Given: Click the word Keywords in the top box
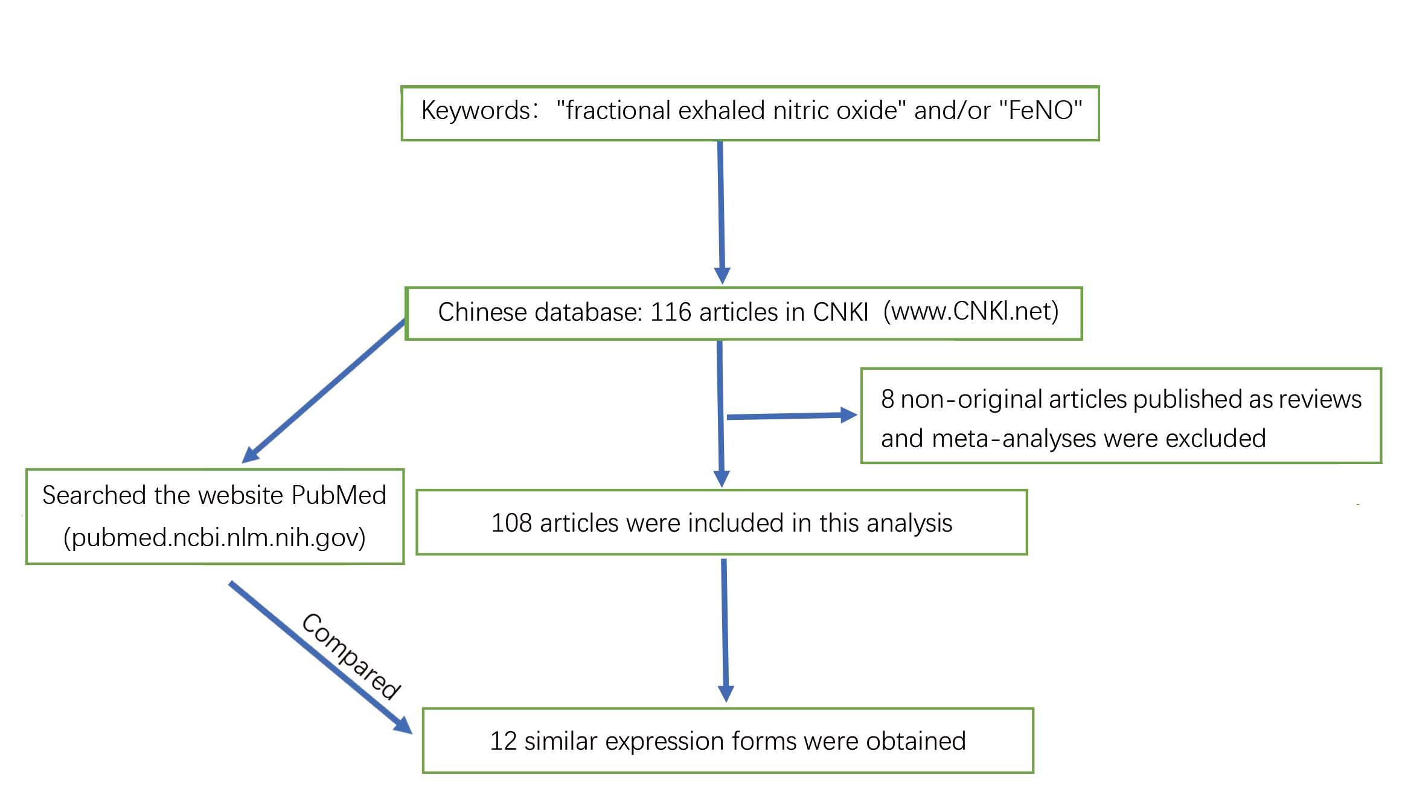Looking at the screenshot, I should [x=476, y=111].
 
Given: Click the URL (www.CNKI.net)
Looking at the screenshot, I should [x=970, y=311].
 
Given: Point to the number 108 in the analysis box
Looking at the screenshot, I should [x=511, y=523].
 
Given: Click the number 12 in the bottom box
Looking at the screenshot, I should [x=503, y=741].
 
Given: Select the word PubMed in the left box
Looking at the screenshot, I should [x=338, y=495].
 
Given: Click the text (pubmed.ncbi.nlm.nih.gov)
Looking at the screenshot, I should [x=214, y=537].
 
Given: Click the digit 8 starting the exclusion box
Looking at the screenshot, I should [x=887, y=399].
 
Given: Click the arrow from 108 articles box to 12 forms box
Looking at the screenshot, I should [x=725, y=628].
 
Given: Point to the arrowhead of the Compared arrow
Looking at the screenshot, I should [x=403, y=725].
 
